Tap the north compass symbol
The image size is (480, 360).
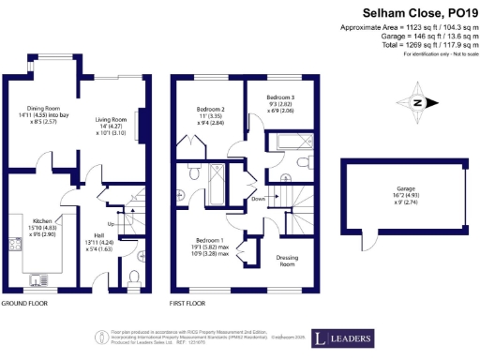point(416,102)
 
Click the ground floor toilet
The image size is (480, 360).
point(134,277)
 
